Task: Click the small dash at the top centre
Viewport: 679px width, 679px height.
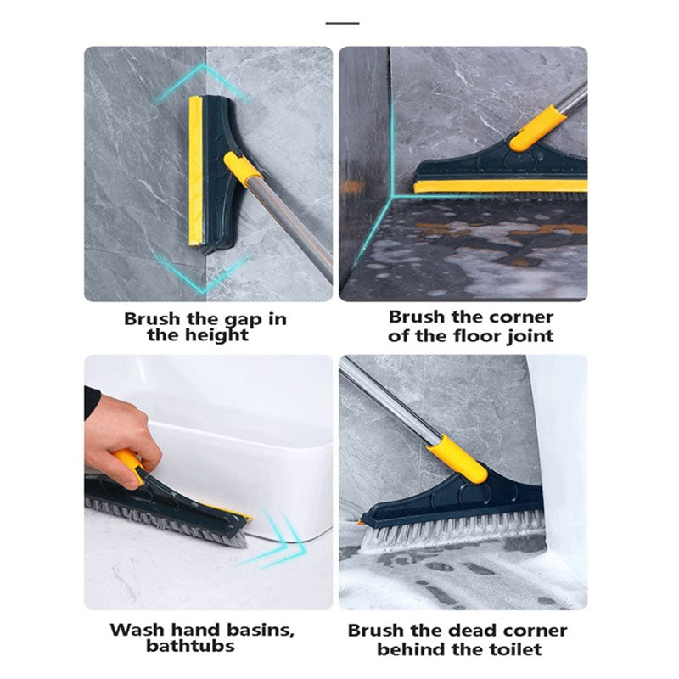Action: coord(342,23)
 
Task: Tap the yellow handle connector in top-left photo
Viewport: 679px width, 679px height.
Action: coord(243,169)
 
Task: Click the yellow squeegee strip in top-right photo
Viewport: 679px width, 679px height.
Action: coord(501,185)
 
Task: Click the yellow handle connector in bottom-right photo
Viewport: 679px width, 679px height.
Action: coord(457,458)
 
